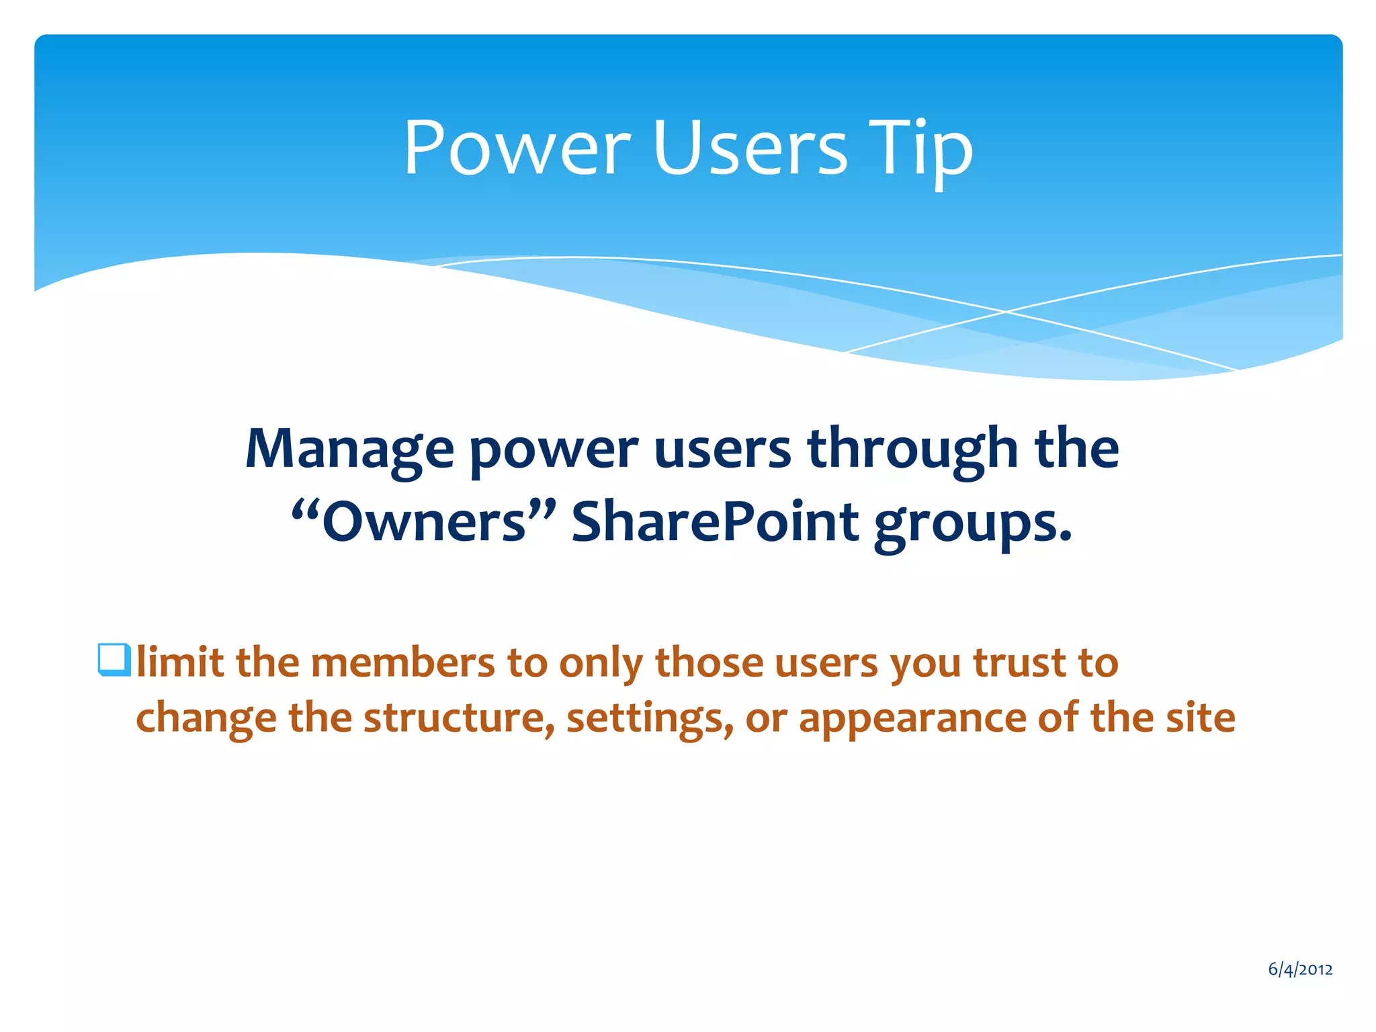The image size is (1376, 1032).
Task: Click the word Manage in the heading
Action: (x=349, y=449)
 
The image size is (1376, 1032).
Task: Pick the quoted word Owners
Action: (x=423, y=522)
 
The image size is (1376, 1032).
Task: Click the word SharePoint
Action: (x=715, y=522)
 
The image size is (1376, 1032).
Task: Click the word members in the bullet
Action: (x=402, y=662)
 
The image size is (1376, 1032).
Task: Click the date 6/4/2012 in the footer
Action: (x=1300, y=969)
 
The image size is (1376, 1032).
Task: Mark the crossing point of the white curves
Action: (x=1006, y=312)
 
